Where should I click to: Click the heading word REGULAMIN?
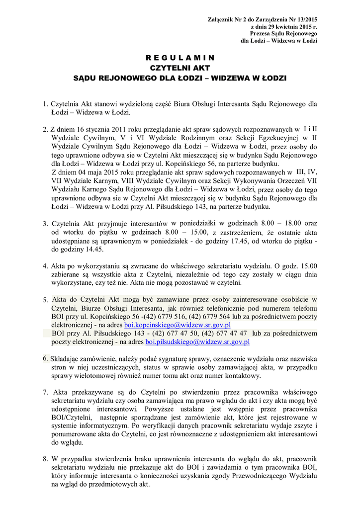coord(180,57)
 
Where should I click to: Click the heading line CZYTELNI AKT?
coord(180,68)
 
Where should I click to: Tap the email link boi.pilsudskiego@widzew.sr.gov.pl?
coord(197,342)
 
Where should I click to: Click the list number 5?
coord(45,300)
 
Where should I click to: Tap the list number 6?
coord(45,358)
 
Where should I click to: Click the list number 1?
coord(45,104)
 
